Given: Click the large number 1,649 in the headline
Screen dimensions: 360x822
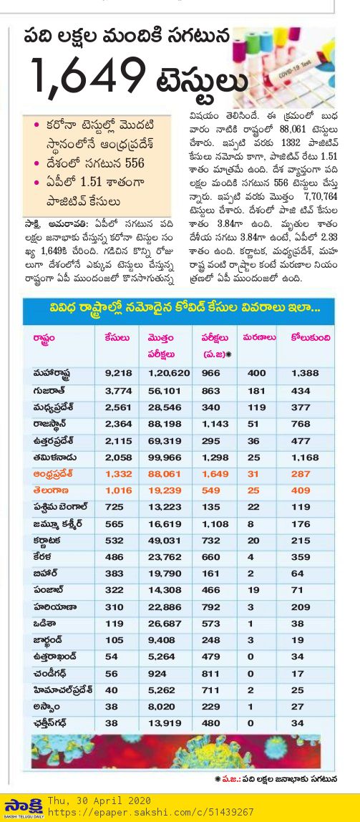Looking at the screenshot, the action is coord(87,76).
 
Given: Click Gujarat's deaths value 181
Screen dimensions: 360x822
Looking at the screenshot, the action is coord(254,391).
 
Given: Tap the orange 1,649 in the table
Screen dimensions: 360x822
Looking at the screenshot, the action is coord(215,475).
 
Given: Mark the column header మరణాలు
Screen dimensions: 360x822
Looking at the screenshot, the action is coord(259,338).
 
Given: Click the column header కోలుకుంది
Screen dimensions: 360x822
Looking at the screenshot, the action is coord(311,338).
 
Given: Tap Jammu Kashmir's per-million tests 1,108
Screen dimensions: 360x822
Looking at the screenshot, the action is coord(215,524).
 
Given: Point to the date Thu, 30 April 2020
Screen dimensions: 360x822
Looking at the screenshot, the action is coord(99,801).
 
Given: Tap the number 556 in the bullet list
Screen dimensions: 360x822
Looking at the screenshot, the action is coord(134,164).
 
